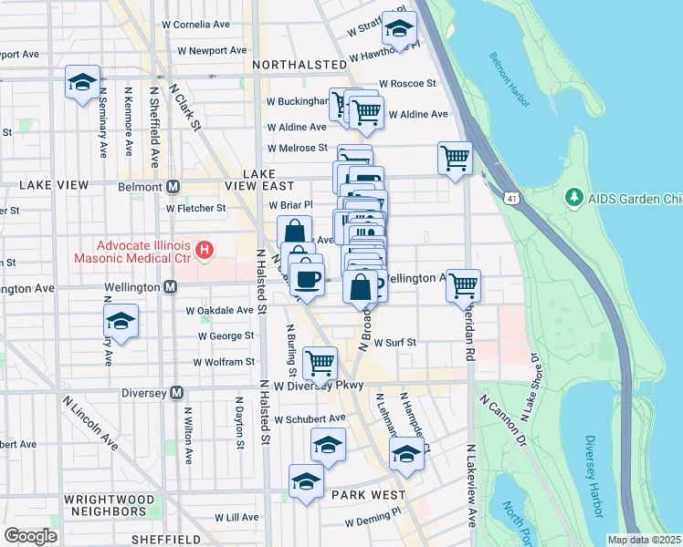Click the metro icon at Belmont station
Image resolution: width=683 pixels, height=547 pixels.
pyautogui.click(x=172, y=187)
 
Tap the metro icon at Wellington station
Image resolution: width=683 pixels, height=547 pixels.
pyautogui.click(x=170, y=288)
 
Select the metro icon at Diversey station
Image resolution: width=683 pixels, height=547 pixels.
pyautogui.click(x=178, y=393)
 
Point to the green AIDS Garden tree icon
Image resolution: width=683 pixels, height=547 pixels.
pyautogui.click(x=573, y=197)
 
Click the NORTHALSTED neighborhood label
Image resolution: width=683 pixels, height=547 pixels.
pyautogui.click(x=299, y=65)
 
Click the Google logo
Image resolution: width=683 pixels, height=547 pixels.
pyautogui.click(x=30, y=535)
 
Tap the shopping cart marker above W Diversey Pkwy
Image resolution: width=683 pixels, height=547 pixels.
pyautogui.click(x=320, y=363)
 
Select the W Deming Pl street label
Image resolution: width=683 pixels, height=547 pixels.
pyautogui.click(x=373, y=522)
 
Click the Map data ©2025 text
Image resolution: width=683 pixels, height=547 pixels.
pyautogui.click(x=644, y=540)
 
